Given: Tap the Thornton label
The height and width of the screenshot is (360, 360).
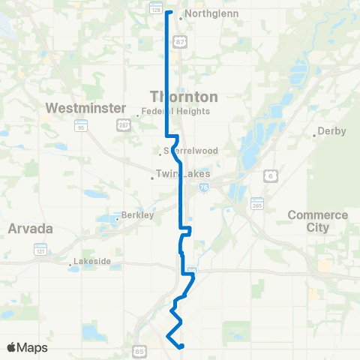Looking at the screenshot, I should [184, 97].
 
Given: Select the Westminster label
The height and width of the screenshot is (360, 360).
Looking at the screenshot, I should [85, 108].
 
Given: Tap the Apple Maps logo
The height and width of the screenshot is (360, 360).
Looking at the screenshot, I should [27, 348].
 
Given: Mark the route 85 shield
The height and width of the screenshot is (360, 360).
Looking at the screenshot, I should [139, 350].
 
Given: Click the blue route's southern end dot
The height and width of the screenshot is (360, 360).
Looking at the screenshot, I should [181, 346].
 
